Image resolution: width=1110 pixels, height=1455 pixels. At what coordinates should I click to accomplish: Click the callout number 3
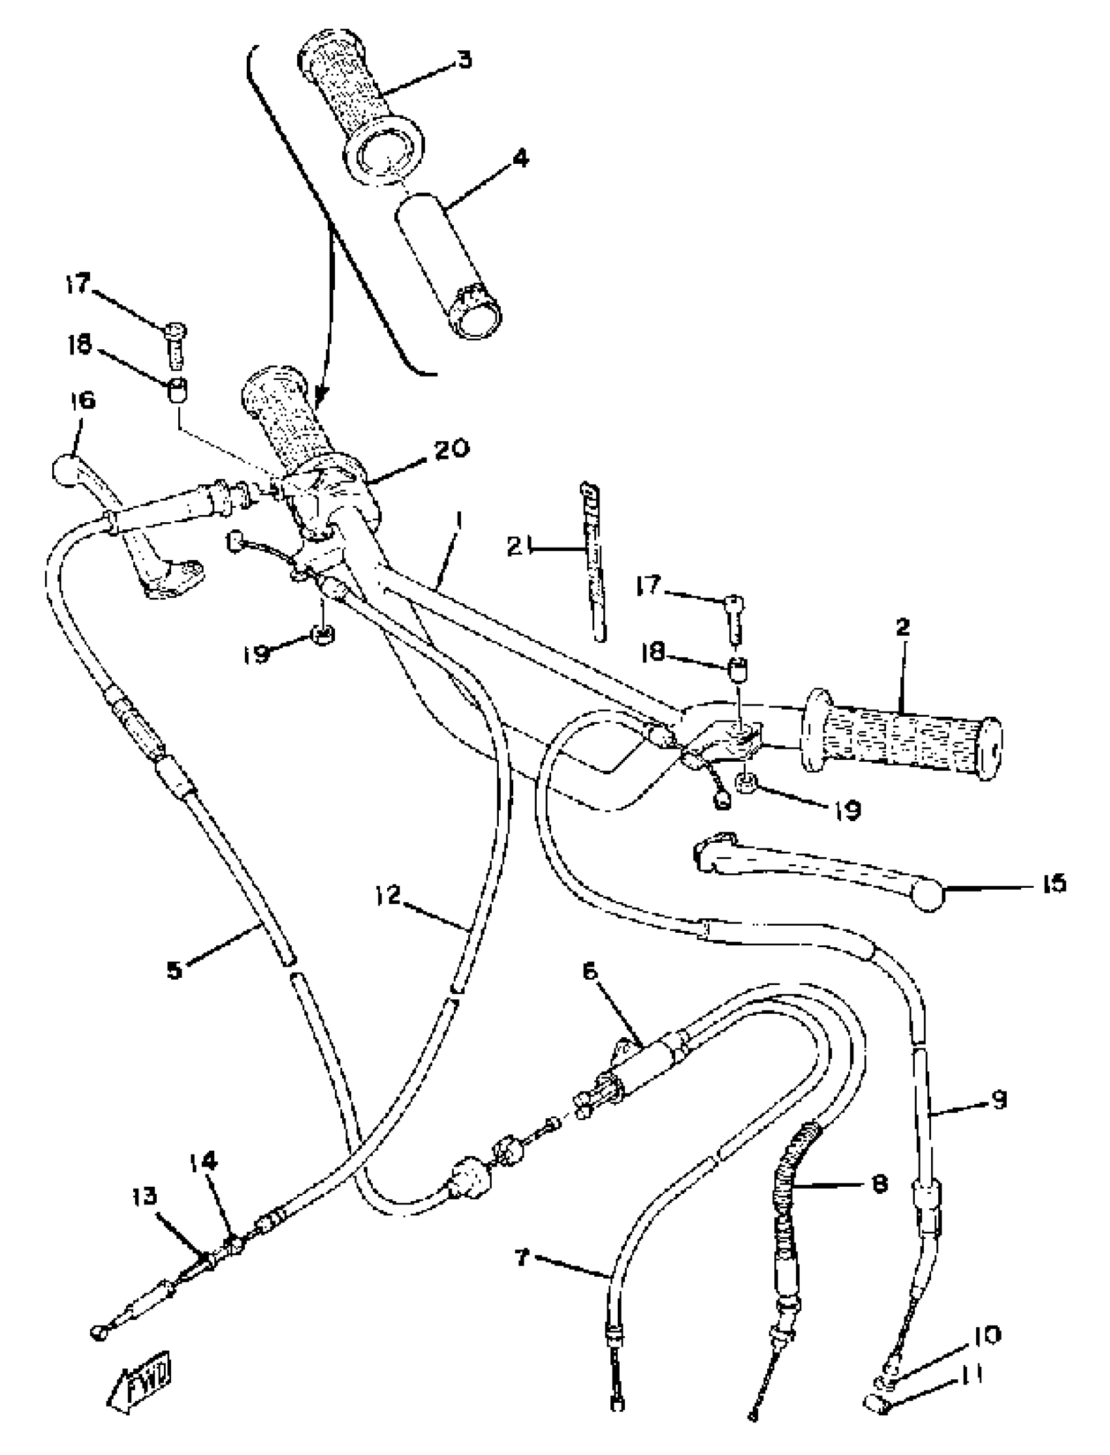[464, 60]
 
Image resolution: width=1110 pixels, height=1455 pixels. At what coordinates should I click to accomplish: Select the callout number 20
[451, 448]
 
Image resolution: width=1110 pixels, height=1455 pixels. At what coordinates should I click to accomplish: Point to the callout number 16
[80, 401]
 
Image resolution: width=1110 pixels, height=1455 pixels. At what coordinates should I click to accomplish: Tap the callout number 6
[590, 971]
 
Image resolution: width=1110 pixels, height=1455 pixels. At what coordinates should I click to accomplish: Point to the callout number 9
[998, 1100]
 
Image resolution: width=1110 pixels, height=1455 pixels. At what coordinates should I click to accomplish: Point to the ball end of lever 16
[65, 470]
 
